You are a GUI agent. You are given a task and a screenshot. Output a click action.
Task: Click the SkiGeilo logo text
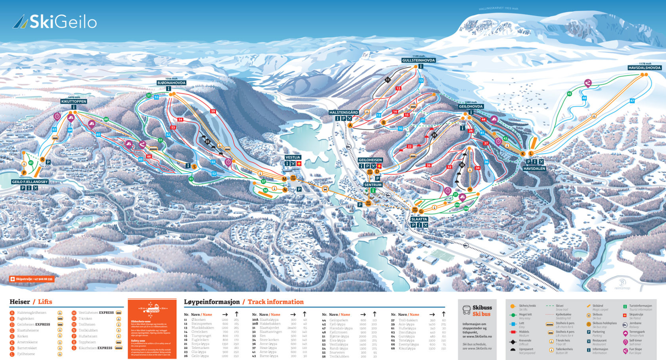point(63,22)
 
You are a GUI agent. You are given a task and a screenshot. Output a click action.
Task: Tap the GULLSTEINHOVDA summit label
point(418,61)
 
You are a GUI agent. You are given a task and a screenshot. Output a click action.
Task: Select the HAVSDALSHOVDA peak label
point(645,68)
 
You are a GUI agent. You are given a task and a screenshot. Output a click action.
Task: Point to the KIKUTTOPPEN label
point(74,101)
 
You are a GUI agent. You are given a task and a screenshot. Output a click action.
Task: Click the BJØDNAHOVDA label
point(171,83)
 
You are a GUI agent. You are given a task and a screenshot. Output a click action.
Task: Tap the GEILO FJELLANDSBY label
point(30,182)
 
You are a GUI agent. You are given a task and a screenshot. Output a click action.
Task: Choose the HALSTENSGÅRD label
point(343,113)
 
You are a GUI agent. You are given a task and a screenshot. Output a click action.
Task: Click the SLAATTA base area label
point(419,219)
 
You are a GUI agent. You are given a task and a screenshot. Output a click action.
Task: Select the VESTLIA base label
point(293,157)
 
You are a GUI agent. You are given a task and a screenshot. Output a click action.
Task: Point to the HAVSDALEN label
point(534,169)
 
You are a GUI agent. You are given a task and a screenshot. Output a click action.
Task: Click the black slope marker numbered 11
point(388,80)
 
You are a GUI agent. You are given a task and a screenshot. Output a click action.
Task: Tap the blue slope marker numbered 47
point(632,101)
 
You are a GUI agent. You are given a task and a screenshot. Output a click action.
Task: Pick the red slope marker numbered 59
point(213,111)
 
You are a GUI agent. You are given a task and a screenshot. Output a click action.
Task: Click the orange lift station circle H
point(470,190)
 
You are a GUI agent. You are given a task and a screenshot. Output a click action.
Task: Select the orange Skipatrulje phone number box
point(32,279)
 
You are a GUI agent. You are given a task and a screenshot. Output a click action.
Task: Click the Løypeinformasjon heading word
point(212,302)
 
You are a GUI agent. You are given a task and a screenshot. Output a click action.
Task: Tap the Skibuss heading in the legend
point(482,308)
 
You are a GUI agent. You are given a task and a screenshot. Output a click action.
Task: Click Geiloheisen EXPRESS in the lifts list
point(34,324)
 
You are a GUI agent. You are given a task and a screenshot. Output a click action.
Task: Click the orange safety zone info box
point(152,329)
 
